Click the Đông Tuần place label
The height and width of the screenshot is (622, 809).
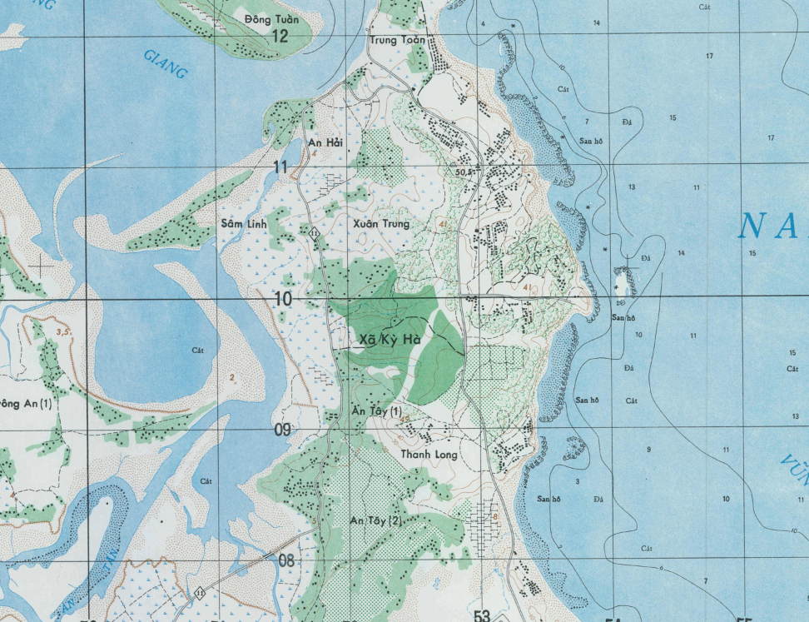click(x=270, y=17)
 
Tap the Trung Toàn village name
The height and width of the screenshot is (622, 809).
click(x=397, y=40)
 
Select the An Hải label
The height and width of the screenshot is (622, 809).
click(x=325, y=143)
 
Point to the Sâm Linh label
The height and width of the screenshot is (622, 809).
click(x=241, y=224)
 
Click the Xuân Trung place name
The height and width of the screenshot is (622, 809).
click(x=382, y=224)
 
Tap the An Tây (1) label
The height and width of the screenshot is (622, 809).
click(x=376, y=412)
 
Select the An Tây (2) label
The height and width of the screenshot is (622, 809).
click(x=375, y=520)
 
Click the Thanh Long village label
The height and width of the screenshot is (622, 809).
click(x=429, y=455)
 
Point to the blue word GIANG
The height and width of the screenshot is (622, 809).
click(x=165, y=64)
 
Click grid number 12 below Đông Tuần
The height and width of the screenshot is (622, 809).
click(x=280, y=36)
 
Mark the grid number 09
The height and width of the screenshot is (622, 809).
click(x=282, y=430)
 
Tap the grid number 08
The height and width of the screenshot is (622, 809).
click(x=285, y=560)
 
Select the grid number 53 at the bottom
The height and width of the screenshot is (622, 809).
click(x=482, y=615)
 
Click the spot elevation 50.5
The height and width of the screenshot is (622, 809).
click(x=464, y=172)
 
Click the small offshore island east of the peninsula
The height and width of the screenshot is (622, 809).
click(x=623, y=281)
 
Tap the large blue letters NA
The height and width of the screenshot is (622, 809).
click(x=772, y=227)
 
